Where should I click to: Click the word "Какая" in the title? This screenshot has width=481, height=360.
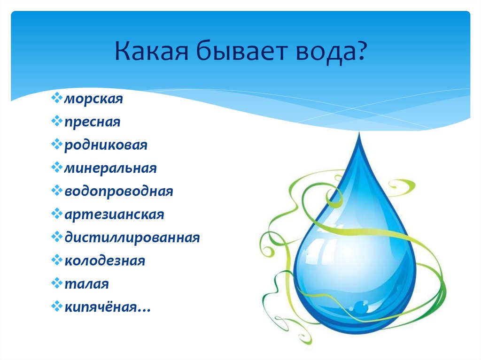coord(152,50)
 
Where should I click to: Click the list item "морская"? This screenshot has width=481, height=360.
coord(93,99)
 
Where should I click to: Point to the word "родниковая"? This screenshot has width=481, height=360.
coord(106,145)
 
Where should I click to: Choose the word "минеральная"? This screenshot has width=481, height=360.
coord(110,168)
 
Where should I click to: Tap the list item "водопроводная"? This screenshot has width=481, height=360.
coord(119,191)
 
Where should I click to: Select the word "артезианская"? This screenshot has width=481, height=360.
coord(114,214)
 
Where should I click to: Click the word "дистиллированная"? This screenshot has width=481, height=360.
coord(132,237)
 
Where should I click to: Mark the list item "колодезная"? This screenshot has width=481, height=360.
coord(105,261)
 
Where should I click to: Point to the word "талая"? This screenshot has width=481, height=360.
coord(86,284)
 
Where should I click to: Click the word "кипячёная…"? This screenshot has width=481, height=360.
coord(108,306)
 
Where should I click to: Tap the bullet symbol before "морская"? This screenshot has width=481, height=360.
coord(57,98)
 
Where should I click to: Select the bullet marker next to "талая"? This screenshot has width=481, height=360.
coord(57,283)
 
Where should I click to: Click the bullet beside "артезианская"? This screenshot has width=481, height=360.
coord(57,214)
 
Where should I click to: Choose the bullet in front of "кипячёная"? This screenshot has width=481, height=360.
coord(57,306)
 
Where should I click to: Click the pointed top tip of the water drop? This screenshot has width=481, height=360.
coord(359,132)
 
